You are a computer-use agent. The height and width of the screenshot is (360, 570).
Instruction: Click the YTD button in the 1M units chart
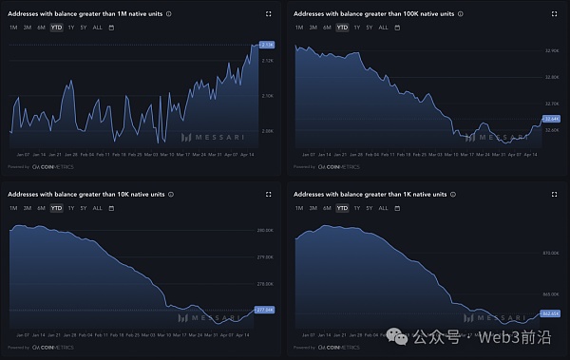[56, 28]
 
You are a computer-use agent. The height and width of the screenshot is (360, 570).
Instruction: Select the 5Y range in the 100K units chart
[369, 28]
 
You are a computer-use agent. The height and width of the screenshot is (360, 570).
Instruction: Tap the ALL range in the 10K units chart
[98, 207]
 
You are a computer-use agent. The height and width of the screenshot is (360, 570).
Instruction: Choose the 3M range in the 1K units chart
[313, 207]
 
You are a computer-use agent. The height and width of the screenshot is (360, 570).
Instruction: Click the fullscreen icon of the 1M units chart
[269, 13]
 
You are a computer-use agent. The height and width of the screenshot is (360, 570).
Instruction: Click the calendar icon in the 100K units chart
[397, 28]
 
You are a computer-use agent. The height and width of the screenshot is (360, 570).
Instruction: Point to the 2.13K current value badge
[267, 45]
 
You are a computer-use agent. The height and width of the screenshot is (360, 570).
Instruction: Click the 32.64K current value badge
[551, 118]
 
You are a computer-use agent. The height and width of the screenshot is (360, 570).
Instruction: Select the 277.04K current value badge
[266, 310]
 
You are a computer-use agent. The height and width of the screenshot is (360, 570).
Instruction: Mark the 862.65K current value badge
[551, 313]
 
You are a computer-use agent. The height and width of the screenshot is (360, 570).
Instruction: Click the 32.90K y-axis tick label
[550, 50]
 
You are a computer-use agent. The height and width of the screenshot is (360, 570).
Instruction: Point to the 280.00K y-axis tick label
[266, 230]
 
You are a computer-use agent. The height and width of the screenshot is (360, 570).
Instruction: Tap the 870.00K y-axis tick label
[551, 253]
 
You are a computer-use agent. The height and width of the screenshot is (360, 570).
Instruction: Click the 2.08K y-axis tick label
[267, 131]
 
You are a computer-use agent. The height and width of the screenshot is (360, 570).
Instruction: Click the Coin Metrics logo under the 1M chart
[50, 165]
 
